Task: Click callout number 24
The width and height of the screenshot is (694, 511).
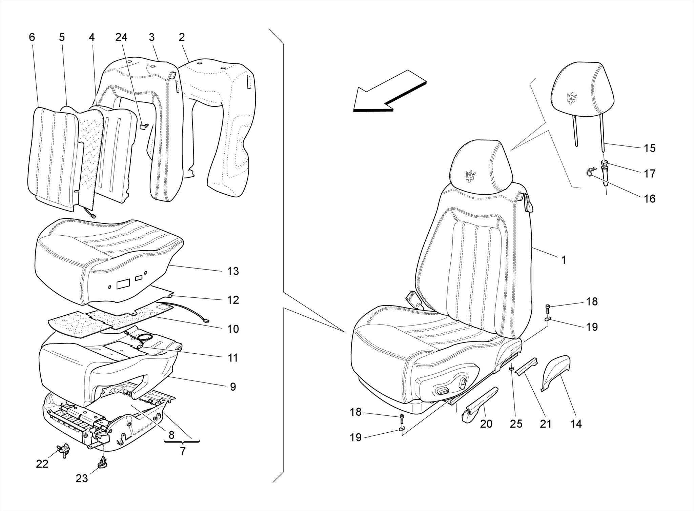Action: (x=121, y=38)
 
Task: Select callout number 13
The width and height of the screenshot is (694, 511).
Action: (x=233, y=271)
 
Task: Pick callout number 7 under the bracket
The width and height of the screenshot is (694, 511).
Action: (x=183, y=452)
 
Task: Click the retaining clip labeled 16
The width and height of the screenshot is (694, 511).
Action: (x=591, y=172)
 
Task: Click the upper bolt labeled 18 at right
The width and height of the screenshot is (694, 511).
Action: (x=548, y=308)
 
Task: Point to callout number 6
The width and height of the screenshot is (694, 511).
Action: (x=32, y=38)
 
